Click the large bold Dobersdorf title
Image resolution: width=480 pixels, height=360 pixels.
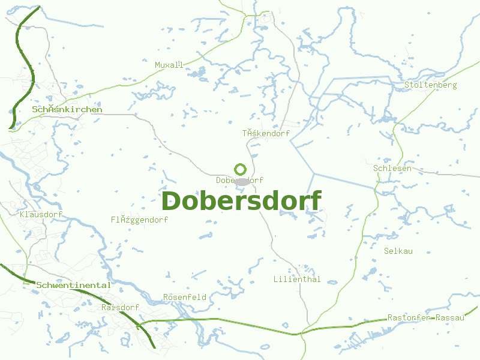(241, 201)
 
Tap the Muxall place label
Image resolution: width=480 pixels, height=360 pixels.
(169, 65)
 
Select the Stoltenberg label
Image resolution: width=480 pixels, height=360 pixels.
(430, 85)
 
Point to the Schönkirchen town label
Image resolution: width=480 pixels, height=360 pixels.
(67, 109)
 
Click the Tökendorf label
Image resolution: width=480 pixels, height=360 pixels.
(266, 133)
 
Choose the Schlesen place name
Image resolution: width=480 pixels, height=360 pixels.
(392, 168)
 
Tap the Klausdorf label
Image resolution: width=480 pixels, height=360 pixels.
(41, 214)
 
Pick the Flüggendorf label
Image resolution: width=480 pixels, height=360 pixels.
(139, 220)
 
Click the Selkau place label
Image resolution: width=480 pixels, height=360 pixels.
(398, 251)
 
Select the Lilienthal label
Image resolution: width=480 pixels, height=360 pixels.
(297, 279)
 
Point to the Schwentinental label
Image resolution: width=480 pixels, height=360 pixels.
(73, 285)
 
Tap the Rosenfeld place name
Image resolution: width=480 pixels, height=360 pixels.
(185, 297)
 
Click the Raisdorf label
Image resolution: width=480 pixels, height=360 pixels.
(120, 307)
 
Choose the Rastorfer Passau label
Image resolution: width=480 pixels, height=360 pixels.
(425, 317)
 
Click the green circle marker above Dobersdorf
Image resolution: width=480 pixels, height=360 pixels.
(240, 169)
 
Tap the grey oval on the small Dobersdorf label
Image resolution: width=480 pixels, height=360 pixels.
(242, 181)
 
